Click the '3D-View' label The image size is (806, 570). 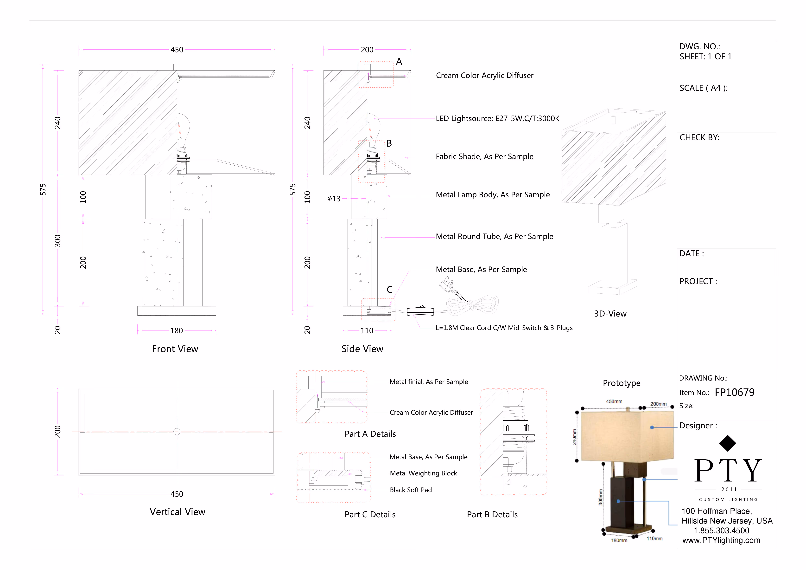pos(610,314)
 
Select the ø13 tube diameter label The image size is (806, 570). pos(334,199)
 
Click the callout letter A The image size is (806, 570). pos(399,62)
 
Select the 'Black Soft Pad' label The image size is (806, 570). pos(411,490)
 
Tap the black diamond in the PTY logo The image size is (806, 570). pos(727,443)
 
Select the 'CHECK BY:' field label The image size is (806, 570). pos(699,138)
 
